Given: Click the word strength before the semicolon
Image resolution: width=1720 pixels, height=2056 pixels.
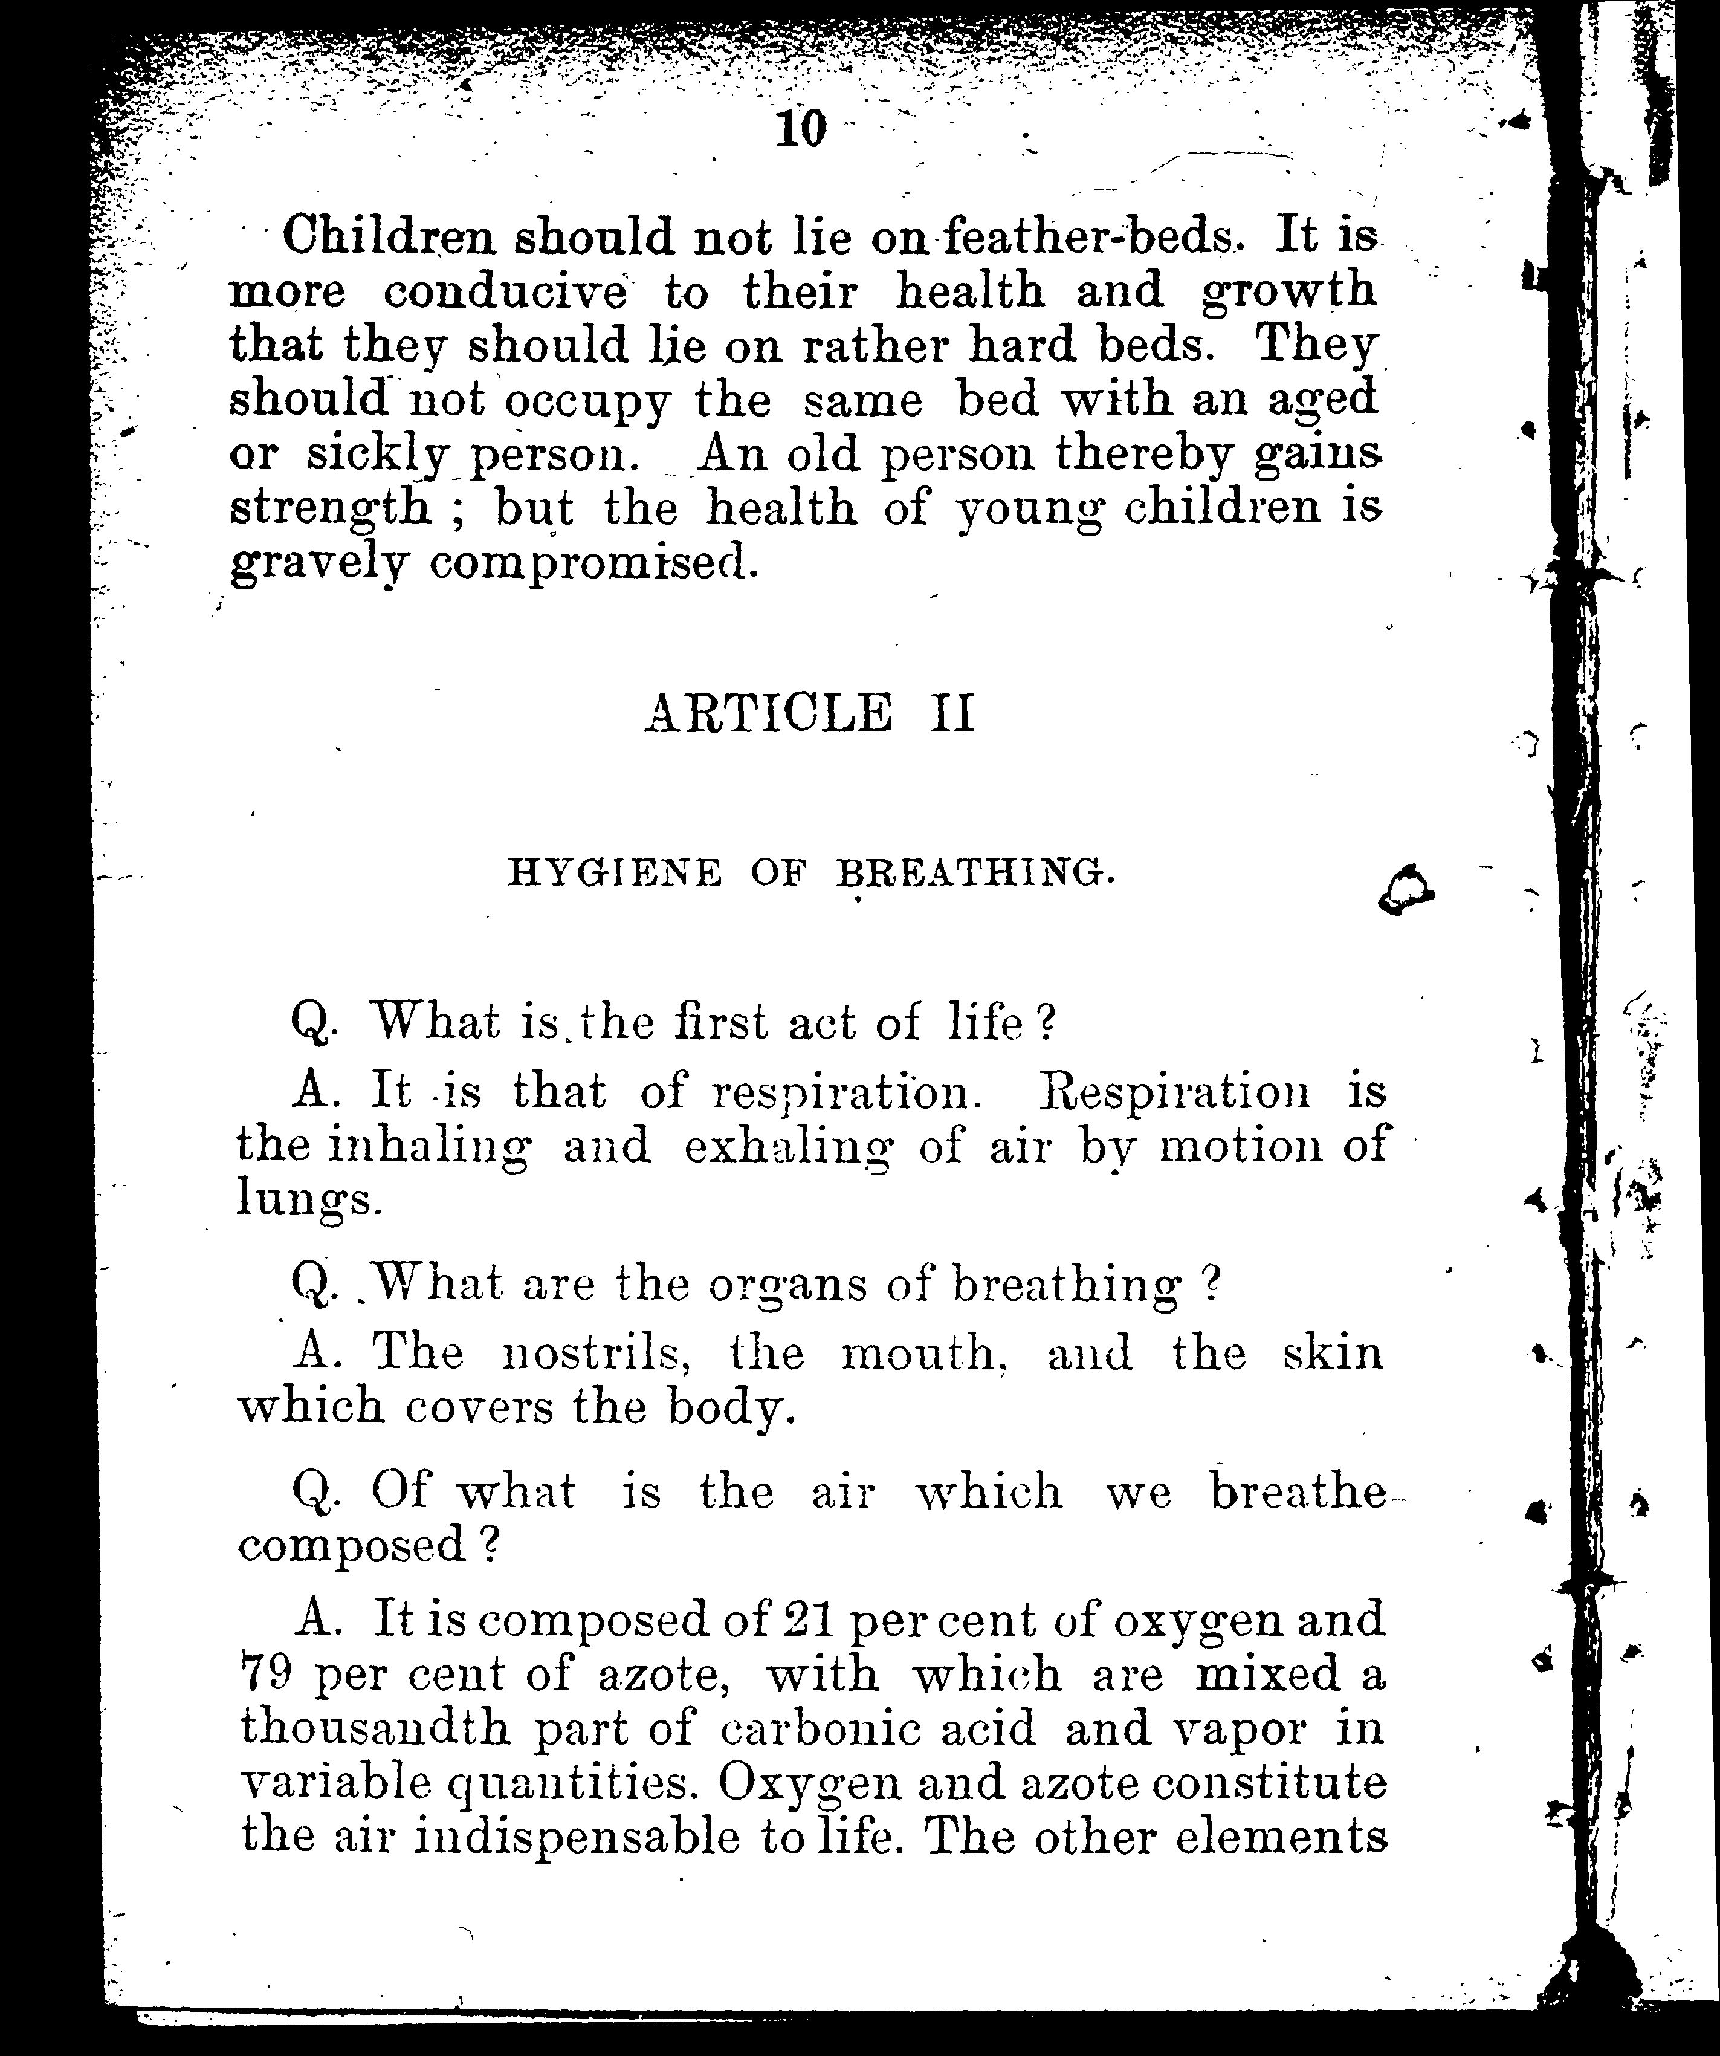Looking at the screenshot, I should [x=330, y=509].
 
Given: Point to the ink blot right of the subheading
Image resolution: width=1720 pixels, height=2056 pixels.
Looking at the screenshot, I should [x=1405, y=890].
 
